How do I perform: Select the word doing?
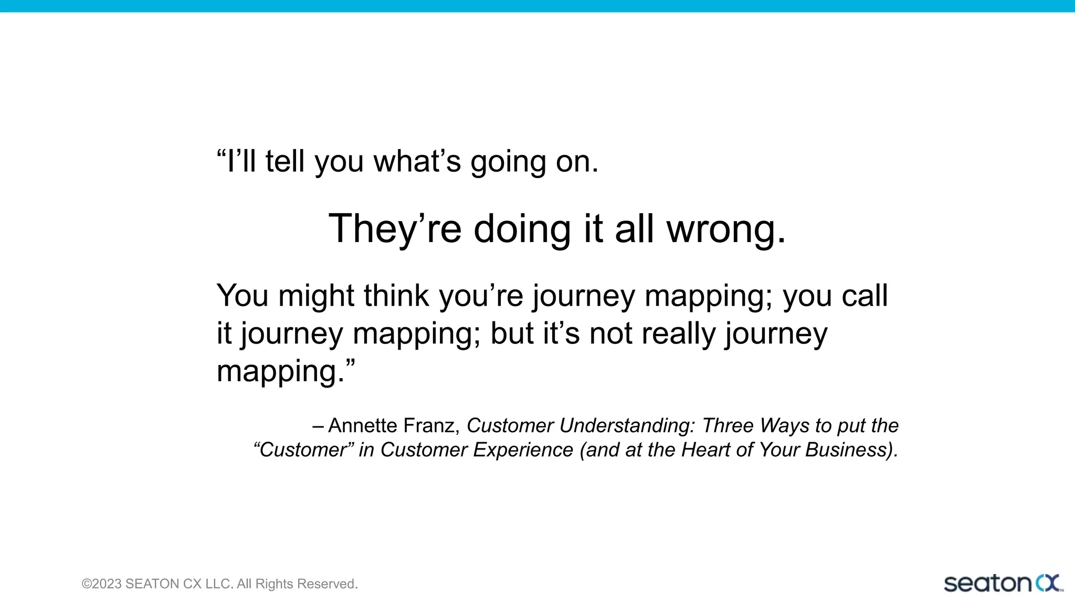pyautogui.click(x=522, y=230)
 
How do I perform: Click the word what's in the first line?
pyautogui.click(x=417, y=161)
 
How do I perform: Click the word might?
pyautogui.click(x=316, y=296)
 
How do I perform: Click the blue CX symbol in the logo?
pyautogui.click(x=1048, y=583)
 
